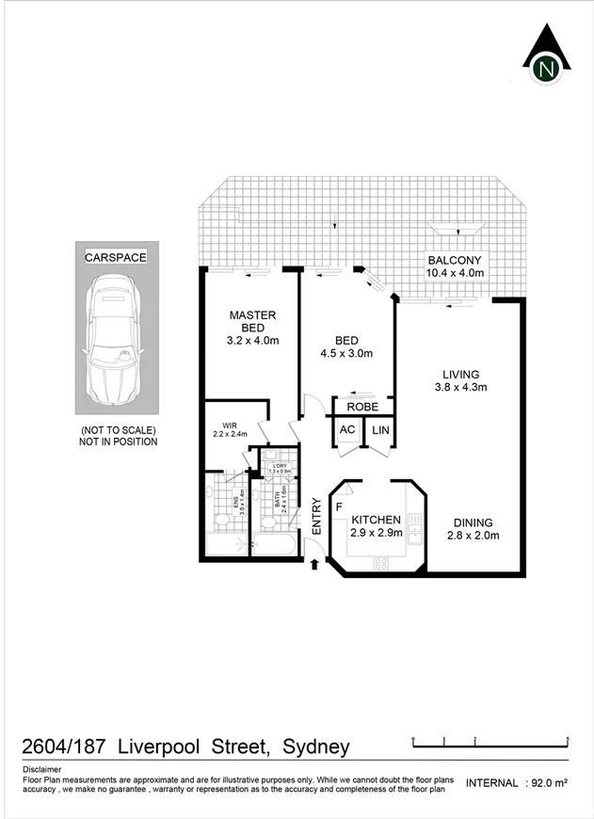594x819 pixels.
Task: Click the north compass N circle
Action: pos(546,69)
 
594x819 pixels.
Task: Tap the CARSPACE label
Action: pos(116,255)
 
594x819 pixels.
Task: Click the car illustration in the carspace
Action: pos(116,340)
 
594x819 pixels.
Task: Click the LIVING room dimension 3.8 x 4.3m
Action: pos(460,387)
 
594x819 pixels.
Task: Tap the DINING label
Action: pos(473,523)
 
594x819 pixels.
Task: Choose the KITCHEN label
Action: pos(377,520)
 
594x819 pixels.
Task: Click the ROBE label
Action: pos(362,407)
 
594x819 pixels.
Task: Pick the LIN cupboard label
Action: pos(380,430)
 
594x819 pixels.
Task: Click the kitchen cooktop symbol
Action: pos(382,563)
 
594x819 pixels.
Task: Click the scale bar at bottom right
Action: pos(490,742)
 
